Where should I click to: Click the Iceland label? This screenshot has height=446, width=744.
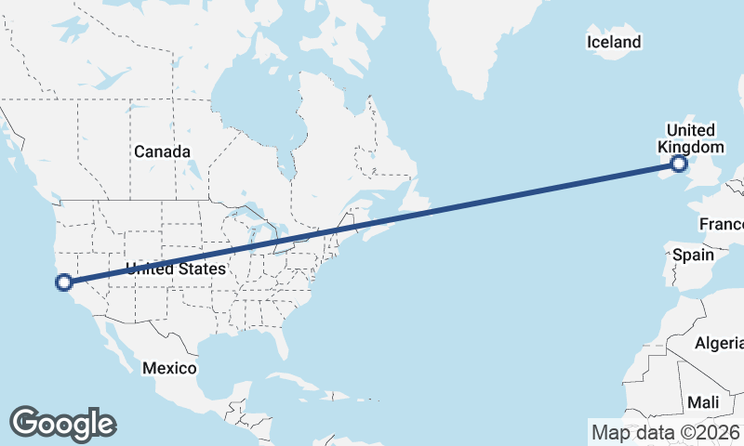click(614, 42)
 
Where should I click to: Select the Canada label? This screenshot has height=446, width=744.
click(162, 151)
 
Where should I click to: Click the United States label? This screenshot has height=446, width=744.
click(176, 269)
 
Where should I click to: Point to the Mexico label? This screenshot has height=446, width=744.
click(169, 368)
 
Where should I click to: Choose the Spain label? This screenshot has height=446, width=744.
click(693, 255)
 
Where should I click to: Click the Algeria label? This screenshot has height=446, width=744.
click(718, 344)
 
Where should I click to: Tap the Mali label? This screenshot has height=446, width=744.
click(703, 402)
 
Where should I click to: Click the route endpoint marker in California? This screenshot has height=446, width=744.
click(64, 282)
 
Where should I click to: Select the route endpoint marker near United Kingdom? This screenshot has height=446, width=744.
click(679, 164)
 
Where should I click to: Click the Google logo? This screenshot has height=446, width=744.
click(62, 423)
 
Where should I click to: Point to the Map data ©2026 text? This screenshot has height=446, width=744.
click(665, 432)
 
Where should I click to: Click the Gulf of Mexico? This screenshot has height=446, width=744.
click(232, 358)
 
